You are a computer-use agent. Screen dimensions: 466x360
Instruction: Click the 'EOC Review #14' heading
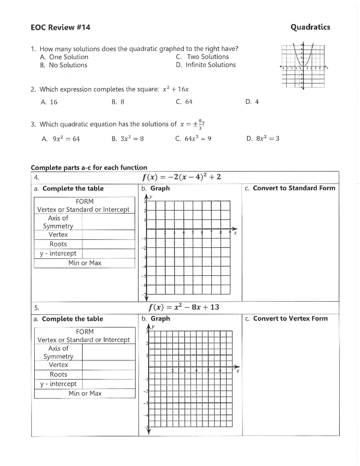point(60,27)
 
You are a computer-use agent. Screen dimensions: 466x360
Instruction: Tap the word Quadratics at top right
point(310,27)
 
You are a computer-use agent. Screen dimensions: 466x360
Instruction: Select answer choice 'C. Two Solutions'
point(202,57)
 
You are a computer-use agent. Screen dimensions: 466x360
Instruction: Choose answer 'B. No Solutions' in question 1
point(64,65)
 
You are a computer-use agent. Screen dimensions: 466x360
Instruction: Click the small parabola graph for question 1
point(303,66)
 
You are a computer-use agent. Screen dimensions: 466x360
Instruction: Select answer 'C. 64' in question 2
point(184,102)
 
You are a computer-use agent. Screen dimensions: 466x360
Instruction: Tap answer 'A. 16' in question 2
point(49,102)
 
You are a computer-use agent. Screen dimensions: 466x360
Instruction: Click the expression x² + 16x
point(175,89)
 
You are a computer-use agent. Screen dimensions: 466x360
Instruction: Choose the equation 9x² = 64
point(66,139)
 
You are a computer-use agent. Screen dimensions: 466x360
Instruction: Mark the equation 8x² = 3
point(267,139)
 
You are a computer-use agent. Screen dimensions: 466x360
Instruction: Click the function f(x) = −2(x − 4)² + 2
point(181,177)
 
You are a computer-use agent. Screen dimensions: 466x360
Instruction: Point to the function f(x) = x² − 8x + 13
point(184,307)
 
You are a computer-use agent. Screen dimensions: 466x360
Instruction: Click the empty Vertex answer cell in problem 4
point(108,235)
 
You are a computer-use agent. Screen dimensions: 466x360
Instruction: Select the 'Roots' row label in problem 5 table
point(58,374)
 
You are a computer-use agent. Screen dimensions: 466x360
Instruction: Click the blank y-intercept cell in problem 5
point(108,384)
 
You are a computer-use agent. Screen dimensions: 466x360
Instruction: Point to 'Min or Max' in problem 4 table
point(85,263)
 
